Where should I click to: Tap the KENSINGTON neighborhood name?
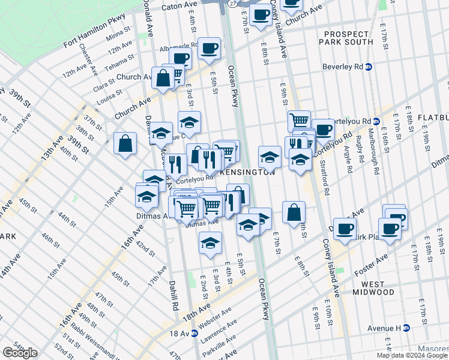pyautogui.click(x=247, y=172)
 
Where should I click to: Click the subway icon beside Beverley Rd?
pyautogui.click(x=369, y=67)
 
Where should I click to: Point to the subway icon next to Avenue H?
pyautogui.click(x=406, y=328)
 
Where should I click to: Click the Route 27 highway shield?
pyautogui.click(x=232, y=4)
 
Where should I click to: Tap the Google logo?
pyautogui.click(x=20, y=352)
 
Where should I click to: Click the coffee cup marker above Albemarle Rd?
pyautogui.click(x=209, y=49)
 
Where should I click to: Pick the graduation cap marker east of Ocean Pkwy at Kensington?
pyautogui.click(x=270, y=157)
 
